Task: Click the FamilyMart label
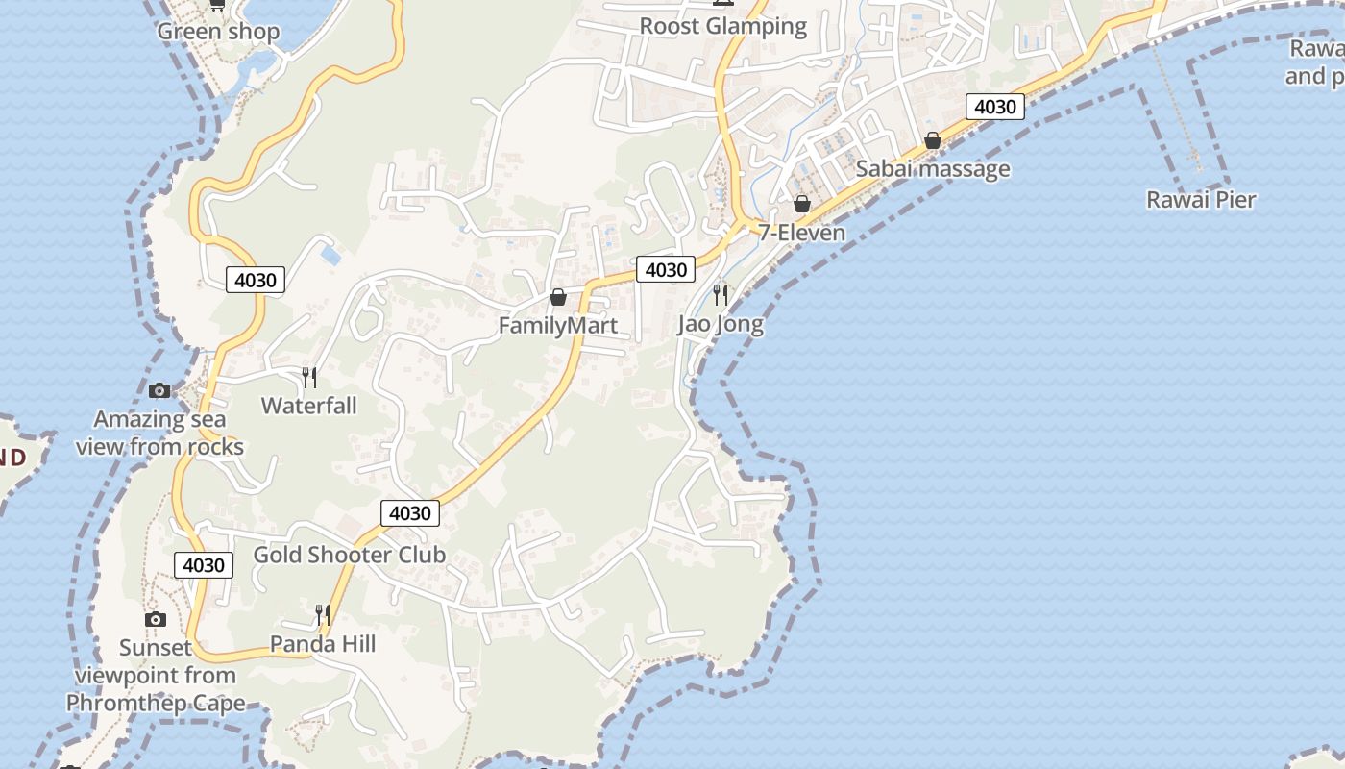tap(557, 326)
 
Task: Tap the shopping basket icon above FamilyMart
tap(557, 297)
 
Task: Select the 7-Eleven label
tap(802, 233)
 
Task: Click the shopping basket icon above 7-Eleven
tap(802, 204)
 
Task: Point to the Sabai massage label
tap(933, 169)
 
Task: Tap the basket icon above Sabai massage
tap(932, 140)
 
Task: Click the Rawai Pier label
tap(1201, 200)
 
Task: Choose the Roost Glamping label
tap(723, 26)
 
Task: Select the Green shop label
tap(218, 32)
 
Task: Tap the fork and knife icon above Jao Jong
tap(721, 294)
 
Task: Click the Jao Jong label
tap(721, 324)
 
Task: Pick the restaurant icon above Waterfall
tap(309, 377)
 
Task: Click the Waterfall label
tap(309, 406)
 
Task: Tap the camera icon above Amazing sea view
tap(159, 390)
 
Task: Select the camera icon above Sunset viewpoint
tap(156, 619)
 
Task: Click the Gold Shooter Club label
tap(350, 555)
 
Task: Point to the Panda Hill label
tap(323, 643)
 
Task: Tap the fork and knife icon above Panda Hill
tap(323, 613)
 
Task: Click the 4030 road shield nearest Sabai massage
tap(994, 107)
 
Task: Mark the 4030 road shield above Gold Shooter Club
tap(410, 513)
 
